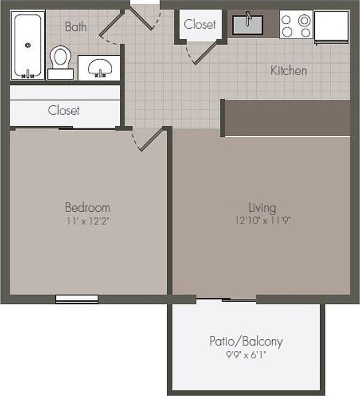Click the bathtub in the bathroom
click(x=29, y=46)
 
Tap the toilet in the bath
click(x=60, y=61)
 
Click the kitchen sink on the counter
click(x=247, y=25)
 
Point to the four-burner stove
click(x=296, y=25)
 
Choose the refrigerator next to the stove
click(x=331, y=26)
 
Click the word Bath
click(x=76, y=26)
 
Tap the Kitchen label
click(x=288, y=71)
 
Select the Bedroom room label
click(x=87, y=207)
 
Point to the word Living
click(x=262, y=207)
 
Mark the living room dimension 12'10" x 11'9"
click(x=262, y=220)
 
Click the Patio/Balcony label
click(x=246, y=341)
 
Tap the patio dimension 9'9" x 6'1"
click(x=246, y=355)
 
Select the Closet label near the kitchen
click(x=200, y=24)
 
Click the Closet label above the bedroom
click(x=63, y=110)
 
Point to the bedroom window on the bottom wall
click(x=77, y=299)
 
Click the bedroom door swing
click(x=150, y=140)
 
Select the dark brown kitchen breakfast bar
click(x=286, y=117)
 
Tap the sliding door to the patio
click(x=226, y=300)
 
